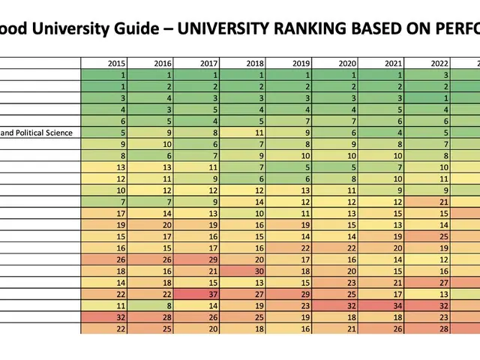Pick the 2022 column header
coord(430,64)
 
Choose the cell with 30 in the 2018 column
coord(244,271)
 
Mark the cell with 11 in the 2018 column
coord(244,133)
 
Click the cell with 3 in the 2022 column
coord(430,76)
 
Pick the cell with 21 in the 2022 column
coord(430,202)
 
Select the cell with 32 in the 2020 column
coord(337,306)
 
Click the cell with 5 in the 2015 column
coord(105,133)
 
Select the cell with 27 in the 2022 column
coord(430,283)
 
